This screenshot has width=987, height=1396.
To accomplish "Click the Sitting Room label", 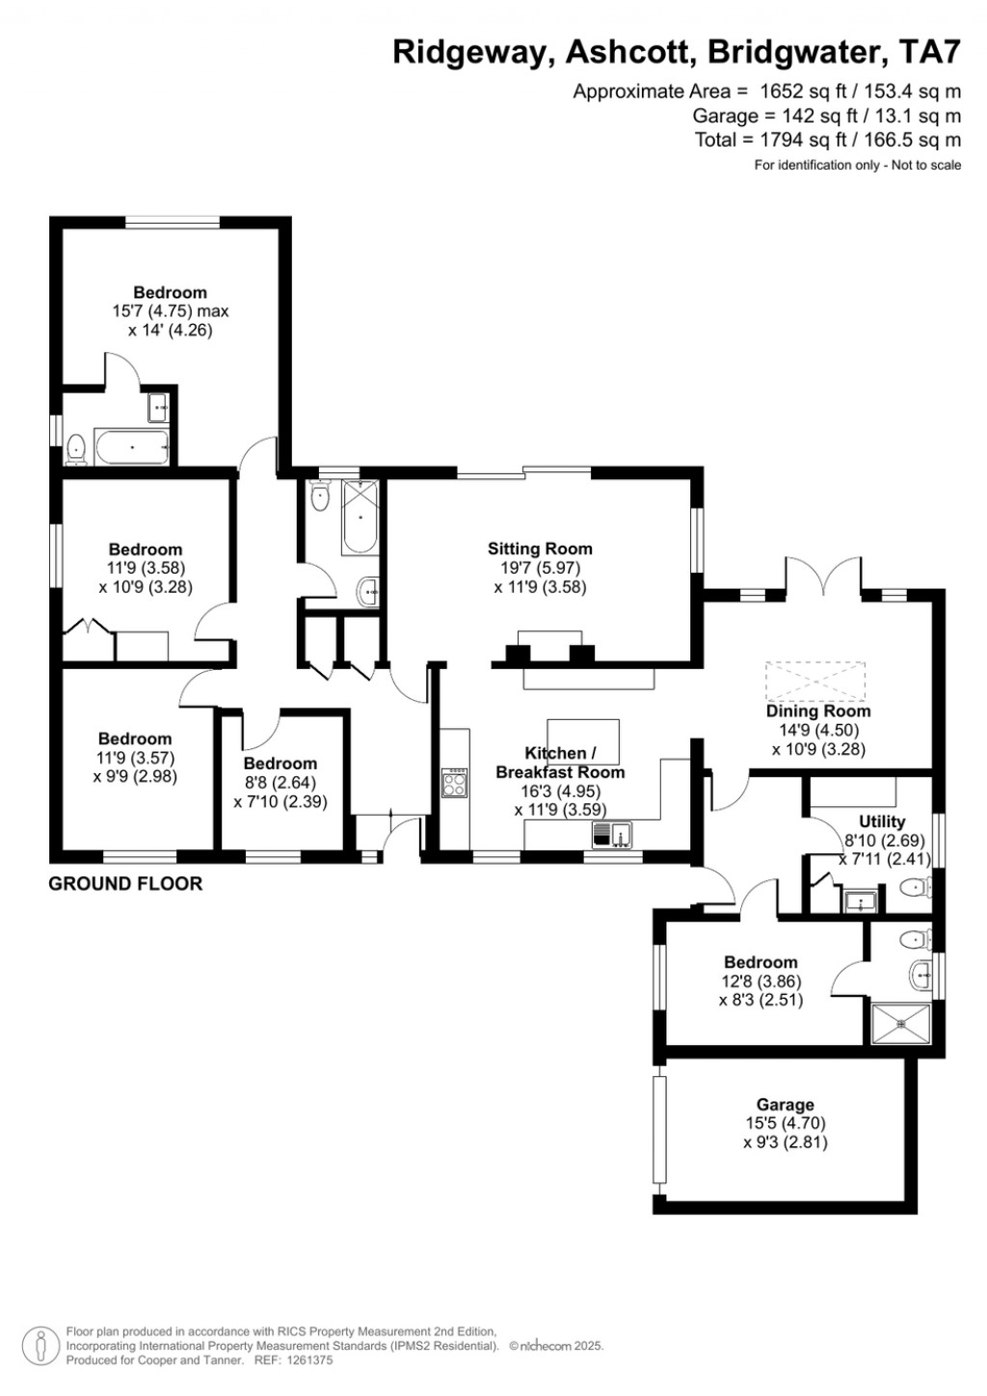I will [540, 549].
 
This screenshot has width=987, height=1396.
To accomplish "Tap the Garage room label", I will [785, 1105].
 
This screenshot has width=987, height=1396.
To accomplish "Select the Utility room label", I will [882, 821].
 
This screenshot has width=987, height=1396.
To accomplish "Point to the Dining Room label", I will [818, 711].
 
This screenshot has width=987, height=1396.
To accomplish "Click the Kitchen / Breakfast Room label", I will [560, 762].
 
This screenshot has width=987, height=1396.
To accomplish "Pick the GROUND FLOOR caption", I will [125, 883].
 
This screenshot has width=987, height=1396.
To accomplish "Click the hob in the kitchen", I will [454, 781].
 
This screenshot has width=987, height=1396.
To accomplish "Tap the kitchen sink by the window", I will [611, 834].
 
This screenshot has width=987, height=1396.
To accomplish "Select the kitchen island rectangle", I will [583, 740].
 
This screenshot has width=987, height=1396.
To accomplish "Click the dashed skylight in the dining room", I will [815, 681].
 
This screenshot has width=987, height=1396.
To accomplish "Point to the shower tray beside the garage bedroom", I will [902, 1024].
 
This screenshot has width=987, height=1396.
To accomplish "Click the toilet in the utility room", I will [911, 887].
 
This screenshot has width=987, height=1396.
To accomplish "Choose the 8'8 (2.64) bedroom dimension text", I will [280, 783].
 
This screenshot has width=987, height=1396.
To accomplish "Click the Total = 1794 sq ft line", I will [827, 141].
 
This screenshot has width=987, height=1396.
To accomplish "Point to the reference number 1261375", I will [306, 1360].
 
